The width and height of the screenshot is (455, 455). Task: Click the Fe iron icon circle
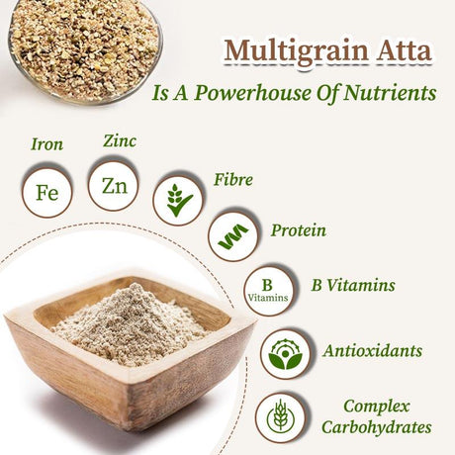pyautogui.click(x=46, y=192)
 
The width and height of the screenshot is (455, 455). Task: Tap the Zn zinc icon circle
pyautogui.click(x=114, y=184)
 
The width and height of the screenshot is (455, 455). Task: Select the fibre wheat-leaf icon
pyautogui.click(x=179, y=200)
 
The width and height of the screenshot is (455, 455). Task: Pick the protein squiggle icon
pyautogui.click(x=233, y=237)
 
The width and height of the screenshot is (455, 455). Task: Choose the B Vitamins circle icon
pyautogui.click(x=267, y=290)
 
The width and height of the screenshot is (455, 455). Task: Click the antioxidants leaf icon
pyautogui.click(x=285, y=354)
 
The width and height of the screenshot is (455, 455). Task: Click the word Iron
pyautogui.click(x=46, y=144)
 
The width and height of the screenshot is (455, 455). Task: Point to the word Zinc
pyautogui.click(x=120, y=140)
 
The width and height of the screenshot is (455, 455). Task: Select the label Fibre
pyautogui.click(x=233, y=180)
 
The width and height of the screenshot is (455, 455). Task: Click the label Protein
pyautogui.click(x=299, y=230)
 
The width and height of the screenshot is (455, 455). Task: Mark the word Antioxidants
pyautogui.click(x=373, y=350)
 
